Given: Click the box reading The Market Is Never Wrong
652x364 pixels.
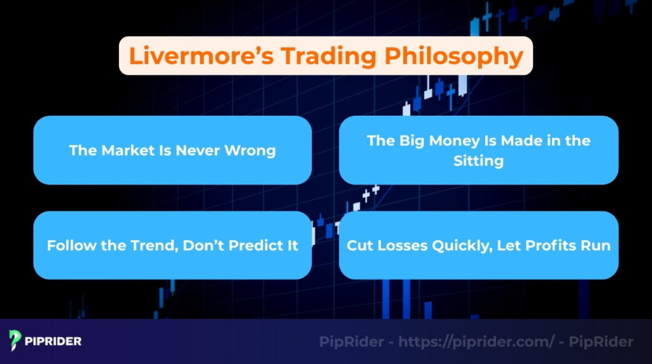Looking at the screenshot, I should pos(173,151).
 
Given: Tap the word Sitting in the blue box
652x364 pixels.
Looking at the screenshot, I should pos(478,161).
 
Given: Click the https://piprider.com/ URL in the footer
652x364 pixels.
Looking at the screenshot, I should pos(477,342).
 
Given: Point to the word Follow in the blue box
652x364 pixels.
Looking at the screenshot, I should pos(67,246).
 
